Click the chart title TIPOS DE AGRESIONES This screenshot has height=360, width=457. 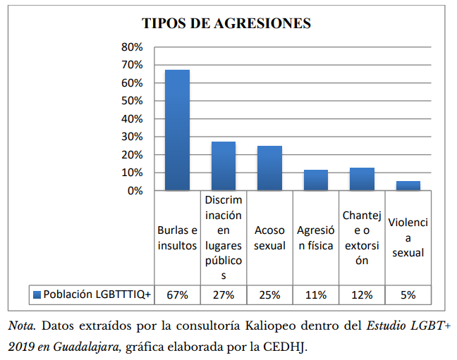226,23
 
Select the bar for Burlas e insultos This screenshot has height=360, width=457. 177,130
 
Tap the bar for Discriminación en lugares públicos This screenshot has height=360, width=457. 224,166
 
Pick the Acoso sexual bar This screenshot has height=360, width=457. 269,168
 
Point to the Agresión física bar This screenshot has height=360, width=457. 315,180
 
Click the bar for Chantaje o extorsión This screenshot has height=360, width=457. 362,179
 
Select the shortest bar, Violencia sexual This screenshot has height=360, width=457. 408,185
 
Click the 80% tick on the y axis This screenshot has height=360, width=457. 132,47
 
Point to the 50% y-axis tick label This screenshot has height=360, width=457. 132,101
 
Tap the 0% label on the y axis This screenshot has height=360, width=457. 135,190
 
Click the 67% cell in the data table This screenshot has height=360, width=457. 177,294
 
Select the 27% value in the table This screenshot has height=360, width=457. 224,294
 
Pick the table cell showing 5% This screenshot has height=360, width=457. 408,294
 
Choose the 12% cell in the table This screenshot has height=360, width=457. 362,294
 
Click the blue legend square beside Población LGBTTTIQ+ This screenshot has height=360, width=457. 36,294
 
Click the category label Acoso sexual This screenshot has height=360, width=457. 269,238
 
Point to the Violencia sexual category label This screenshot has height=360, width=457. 408,237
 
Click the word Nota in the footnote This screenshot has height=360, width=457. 21,327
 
